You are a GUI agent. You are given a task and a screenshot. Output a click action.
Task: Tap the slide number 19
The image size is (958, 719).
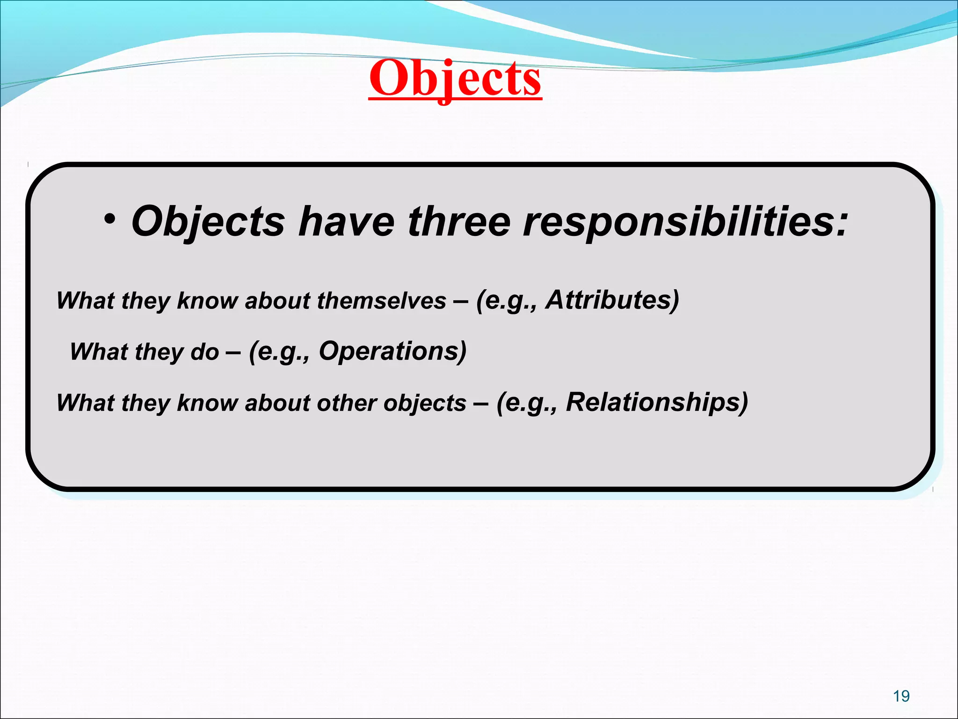point(901,696)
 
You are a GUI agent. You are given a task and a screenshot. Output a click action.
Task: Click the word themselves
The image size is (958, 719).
point(382,301)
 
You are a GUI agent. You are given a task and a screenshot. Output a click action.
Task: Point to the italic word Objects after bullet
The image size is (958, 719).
point(208,222)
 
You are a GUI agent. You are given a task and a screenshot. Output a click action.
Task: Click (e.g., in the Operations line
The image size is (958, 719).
point(279,352)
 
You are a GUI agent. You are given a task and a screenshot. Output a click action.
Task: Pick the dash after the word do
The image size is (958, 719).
point(233,352)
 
